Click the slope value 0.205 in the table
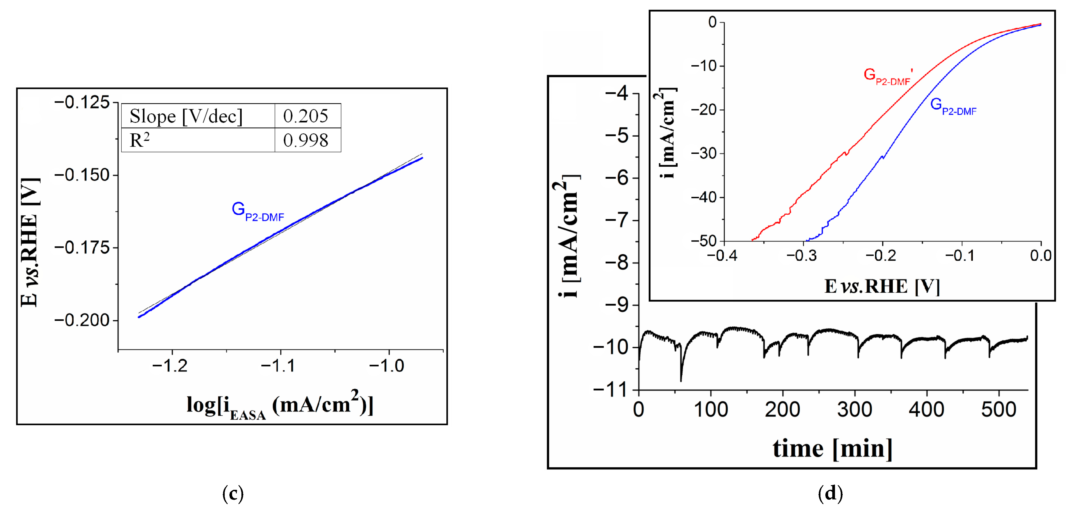305,116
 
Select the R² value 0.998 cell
305,140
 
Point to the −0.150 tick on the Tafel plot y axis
82,175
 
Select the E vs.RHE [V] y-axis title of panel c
30,242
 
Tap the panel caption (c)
233,493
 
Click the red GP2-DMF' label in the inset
888,76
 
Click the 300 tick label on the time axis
854,410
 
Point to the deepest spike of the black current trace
681,379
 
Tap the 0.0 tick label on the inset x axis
1040,256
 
